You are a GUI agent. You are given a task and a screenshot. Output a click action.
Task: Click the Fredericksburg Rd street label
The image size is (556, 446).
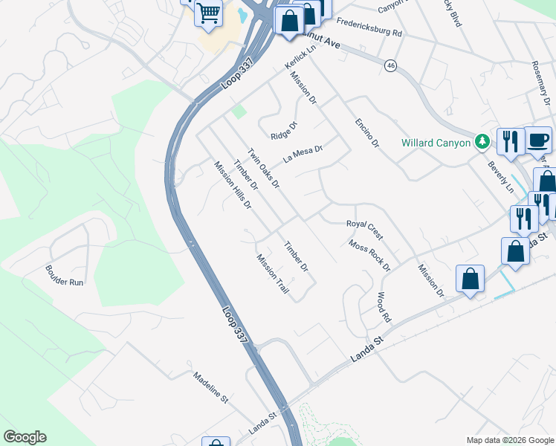[368, 28]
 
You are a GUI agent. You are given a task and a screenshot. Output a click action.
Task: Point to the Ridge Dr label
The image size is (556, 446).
[283, 130]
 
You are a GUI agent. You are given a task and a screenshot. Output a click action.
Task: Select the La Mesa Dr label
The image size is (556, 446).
[303, 154]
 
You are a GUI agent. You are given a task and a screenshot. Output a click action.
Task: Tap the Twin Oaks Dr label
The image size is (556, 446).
[263, 167]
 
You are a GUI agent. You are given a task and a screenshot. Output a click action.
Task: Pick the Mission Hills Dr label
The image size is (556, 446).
[233, 185]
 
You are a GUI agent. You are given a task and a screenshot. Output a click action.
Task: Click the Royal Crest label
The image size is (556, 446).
[364, 230]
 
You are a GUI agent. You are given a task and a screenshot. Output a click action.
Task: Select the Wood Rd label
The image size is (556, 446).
[384, 306]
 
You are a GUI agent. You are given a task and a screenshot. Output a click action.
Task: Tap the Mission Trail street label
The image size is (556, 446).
[272, 274]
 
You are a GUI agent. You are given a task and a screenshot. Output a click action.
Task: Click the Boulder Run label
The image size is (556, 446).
[65, 277]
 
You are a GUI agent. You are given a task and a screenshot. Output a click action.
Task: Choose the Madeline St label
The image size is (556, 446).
[210, 387]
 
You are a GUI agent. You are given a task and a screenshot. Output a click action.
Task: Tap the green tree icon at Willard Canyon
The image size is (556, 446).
[482, 140]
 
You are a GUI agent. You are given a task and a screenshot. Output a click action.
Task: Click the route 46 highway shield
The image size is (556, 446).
[390, 66]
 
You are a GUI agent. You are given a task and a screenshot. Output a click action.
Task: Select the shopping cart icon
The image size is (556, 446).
[209, 13]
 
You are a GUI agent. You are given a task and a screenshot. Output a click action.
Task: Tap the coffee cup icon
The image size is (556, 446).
[538, 139]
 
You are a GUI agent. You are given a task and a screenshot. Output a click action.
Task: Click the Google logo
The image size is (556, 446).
[25, 437]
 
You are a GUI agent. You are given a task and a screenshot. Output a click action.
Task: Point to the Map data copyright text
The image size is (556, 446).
[509, 440]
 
